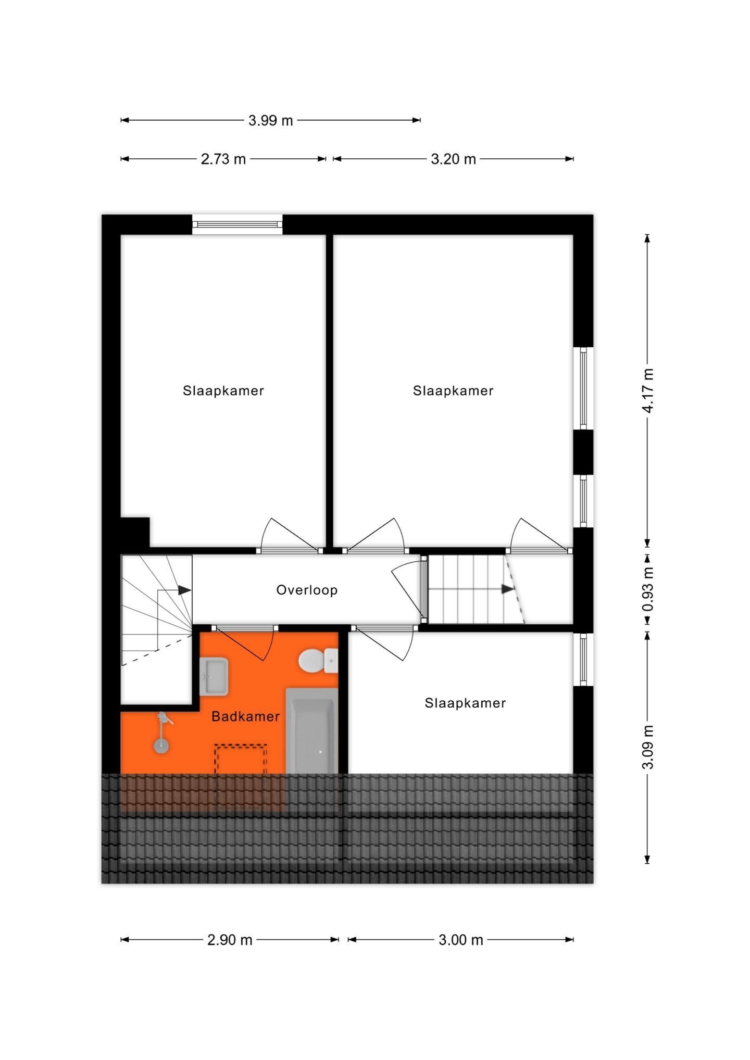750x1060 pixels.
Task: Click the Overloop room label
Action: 307,590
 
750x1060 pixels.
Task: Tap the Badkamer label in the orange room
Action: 245,716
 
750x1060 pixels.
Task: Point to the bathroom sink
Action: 214,676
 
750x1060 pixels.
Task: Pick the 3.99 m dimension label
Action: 270,121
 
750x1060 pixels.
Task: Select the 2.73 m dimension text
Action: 223,159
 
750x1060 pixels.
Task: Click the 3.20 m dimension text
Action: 453,159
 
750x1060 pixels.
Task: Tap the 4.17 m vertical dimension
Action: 647,390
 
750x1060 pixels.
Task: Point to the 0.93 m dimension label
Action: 647,589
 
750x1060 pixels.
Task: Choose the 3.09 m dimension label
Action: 647,747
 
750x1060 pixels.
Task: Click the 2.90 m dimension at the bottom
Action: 230,940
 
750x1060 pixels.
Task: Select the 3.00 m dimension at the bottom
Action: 461,940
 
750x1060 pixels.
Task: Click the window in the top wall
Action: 237,224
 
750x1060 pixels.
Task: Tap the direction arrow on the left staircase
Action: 184,590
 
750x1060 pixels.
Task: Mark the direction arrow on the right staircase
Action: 507,589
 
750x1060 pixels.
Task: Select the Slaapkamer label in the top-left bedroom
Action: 223,391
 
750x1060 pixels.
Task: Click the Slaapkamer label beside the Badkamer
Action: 465,703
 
